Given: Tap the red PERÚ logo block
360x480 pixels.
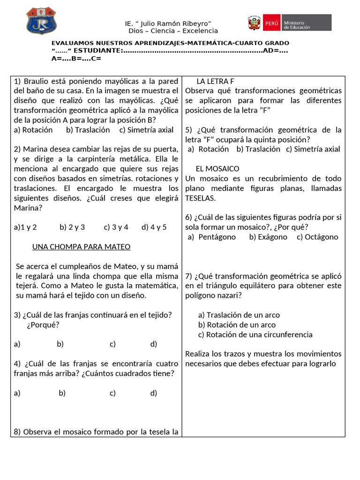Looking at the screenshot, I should click(x=271, y=22).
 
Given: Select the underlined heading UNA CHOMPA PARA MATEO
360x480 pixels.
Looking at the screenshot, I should click(x=81, y=247).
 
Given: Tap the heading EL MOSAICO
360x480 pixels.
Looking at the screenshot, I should click(x=217, y=169).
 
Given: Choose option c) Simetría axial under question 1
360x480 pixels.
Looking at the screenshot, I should click(x=146, y=130).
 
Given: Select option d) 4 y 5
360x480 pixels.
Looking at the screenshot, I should click(x=154, y=227).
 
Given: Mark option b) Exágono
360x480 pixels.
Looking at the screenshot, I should click(x=268, y=237).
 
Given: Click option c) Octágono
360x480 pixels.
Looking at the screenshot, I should click(x=317, y=237).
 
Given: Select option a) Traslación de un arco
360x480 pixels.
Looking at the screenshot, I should click(x=239, y=315).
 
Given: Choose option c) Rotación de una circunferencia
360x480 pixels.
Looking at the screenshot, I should click(x=255, y=335).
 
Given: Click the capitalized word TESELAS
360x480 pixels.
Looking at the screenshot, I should click(x=201, y=198).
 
